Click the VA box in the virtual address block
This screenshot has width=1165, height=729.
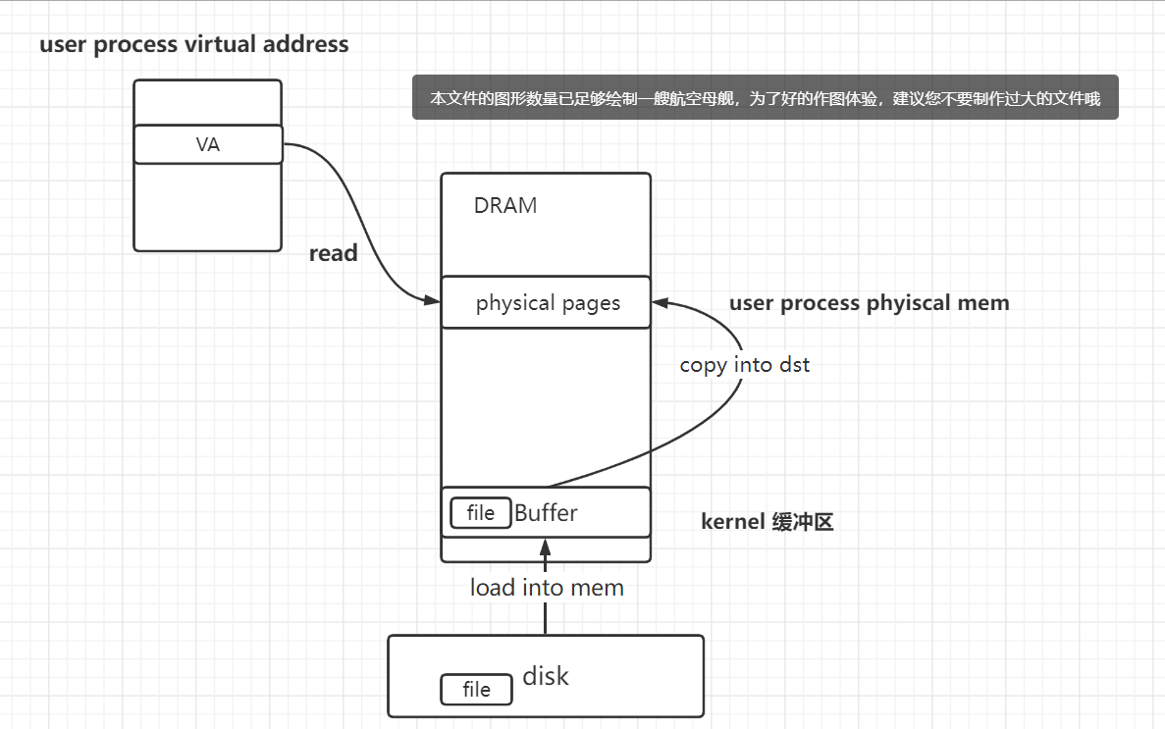(208, 145)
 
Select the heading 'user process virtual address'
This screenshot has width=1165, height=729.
(193, 44)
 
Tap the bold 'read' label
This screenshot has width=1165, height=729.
(333, 253)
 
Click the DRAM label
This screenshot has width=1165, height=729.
(505, 205)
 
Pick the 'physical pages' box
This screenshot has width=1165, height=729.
(547, 302)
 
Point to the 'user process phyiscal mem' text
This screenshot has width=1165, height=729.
(869, 303)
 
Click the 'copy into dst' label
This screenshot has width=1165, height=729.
(745, 365)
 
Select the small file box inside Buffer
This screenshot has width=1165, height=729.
(480, 513)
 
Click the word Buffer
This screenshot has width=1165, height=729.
(546, 512)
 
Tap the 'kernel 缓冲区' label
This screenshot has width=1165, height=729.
(767, 522)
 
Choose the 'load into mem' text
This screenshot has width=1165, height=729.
(547, 588)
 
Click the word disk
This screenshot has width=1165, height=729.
(545, 676)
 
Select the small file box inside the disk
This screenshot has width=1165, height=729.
(476, 690)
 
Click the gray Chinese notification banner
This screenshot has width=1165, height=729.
(765, 99)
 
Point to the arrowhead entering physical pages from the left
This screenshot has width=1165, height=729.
(433, 300)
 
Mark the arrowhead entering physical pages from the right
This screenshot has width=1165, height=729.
(660, 301)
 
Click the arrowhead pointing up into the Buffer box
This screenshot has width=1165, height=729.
(546, 545)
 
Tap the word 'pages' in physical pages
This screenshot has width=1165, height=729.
(591, 303)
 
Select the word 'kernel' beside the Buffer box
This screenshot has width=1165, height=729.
(732, 522)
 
